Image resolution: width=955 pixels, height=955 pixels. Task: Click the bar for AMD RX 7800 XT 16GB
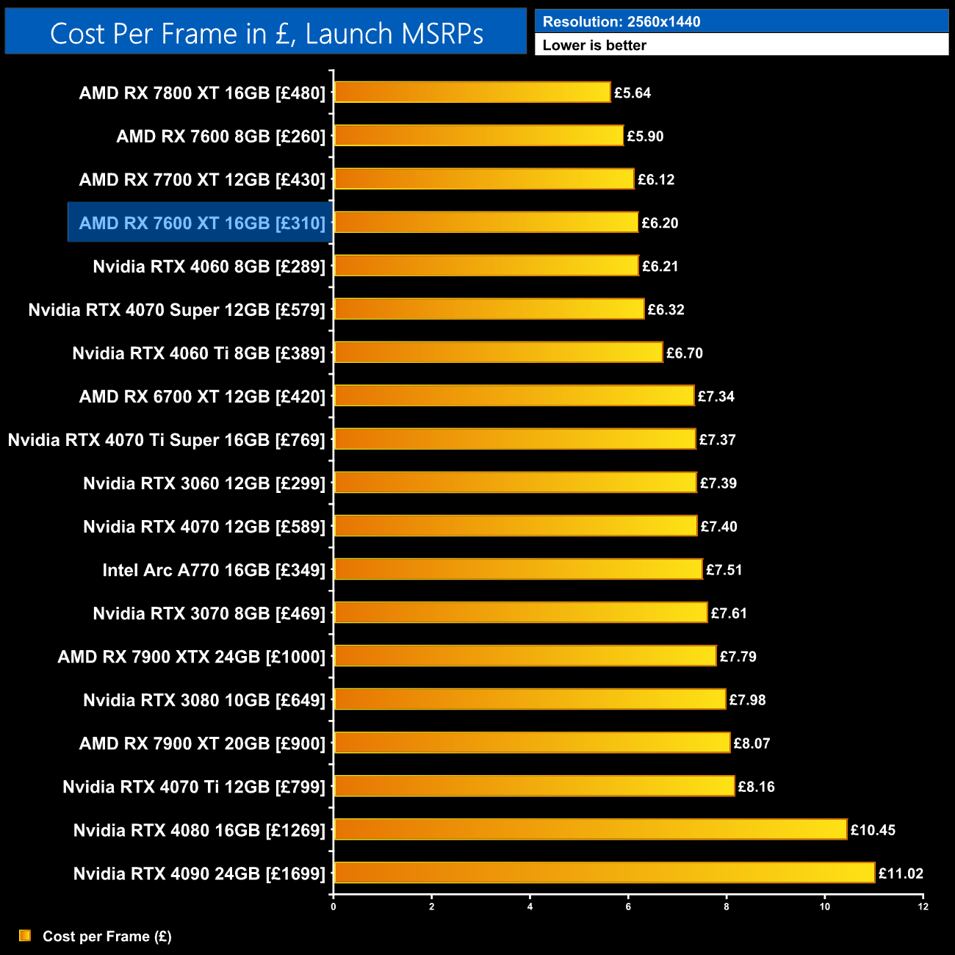point(472,93)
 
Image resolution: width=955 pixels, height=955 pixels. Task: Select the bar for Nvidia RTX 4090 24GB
point(604,873)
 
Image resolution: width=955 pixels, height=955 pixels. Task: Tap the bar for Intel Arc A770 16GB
point(518,569)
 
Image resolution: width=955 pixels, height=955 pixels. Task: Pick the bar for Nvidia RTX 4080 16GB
point(590,829)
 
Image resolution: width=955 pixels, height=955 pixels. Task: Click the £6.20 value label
point(660,223)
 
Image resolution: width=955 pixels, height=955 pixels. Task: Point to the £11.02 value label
point(901,873)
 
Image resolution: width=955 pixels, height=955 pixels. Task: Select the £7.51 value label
point(724,570)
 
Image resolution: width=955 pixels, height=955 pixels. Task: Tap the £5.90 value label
point(645,137)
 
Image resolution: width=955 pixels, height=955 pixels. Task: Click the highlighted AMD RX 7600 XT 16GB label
point(201,223)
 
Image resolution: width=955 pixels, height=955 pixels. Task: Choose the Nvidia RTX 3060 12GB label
point(203,483)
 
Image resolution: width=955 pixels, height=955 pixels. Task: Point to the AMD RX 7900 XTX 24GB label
point(191,657)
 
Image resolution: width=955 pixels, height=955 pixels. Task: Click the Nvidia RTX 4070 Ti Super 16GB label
point(166,440)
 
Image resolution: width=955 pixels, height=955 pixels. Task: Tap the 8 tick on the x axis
point(727,907)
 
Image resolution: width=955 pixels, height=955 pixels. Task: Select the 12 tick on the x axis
point(923,907)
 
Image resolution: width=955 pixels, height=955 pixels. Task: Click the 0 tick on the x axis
point(334,907)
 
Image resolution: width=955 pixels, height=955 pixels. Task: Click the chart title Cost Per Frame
point(266,34)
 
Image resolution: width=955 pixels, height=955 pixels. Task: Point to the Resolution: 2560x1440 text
point(621,22)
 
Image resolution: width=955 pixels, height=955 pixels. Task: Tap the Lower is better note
point(594,46)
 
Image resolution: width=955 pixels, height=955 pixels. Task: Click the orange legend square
point(25,935)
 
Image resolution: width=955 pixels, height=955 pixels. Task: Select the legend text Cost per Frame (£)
point(107,936)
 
